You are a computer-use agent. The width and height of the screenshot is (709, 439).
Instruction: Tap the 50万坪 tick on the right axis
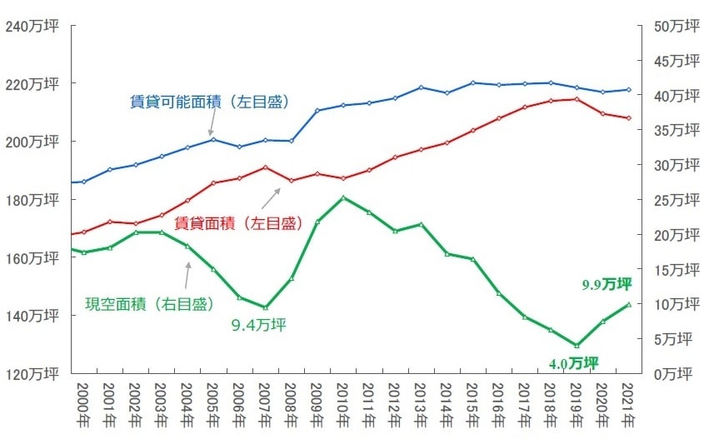(677, 26)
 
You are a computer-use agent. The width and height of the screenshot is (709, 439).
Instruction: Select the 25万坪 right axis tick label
(677, 200)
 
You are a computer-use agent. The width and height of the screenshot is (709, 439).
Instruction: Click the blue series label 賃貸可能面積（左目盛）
(209, 102)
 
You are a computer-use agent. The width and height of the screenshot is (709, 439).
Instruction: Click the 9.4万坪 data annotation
(258, 325)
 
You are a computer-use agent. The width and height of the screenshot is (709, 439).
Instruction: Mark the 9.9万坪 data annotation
(606, 285)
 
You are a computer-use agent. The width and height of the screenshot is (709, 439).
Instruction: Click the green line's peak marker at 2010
(343, 197)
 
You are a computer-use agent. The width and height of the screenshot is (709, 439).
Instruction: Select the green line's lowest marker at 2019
(576, 345)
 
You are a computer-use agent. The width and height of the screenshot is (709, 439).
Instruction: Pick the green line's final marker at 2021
(627, 305)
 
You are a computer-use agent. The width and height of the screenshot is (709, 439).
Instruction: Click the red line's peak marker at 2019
(576, 99)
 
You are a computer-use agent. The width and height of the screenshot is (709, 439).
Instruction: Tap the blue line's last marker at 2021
(627, 89)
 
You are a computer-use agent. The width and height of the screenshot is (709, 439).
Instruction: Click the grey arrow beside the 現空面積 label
(189, 272)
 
